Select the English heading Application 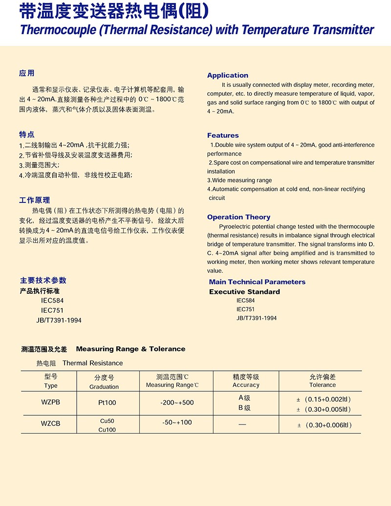pos(227,75)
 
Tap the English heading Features pos(223,135)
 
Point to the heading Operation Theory pos(239,217)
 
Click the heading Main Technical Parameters pos(257,282)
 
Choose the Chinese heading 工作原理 pos(34,200)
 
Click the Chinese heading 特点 pos(27,135)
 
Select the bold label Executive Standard pos(244,291)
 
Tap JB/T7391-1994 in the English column pos(256,318)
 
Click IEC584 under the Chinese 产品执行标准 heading pos(52,301)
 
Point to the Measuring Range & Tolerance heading pos(130,349)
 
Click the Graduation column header pos(104,386)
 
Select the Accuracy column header pos(246,385)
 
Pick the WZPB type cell pos(50,402)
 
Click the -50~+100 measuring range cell pos(176,422)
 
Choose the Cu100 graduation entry pos(107,430)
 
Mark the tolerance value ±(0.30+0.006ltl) pos(325,425)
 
